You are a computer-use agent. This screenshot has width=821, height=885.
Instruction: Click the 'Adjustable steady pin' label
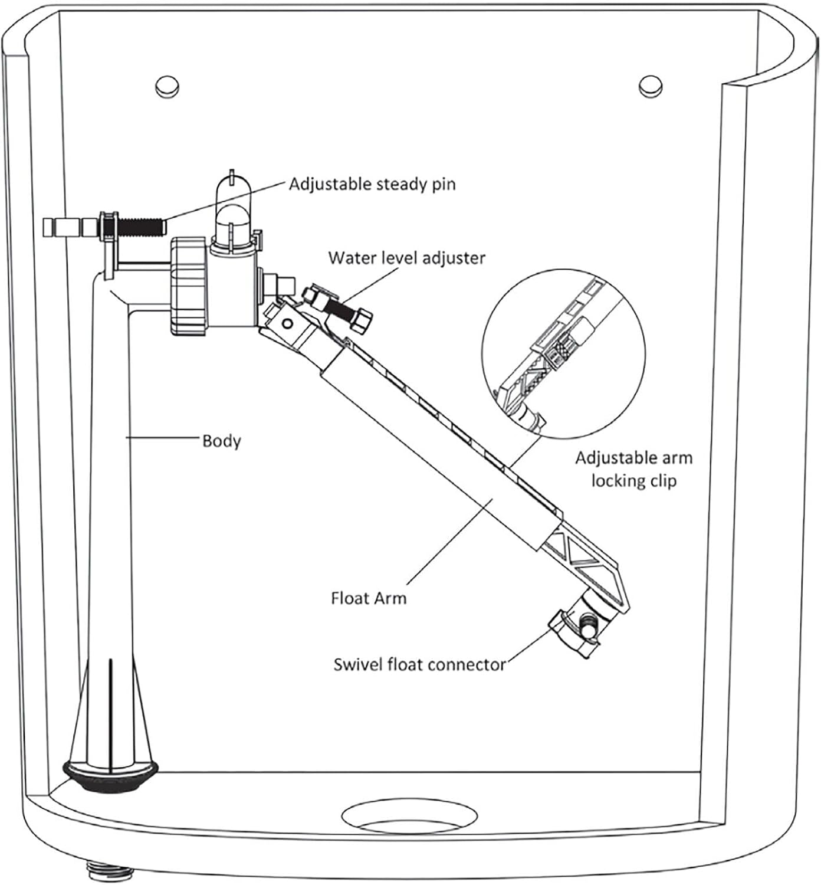(x=372, y=184)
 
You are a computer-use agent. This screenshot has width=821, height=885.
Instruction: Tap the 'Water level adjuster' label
(x=407, y=258)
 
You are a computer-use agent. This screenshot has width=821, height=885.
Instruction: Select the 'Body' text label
(x=221, y=441)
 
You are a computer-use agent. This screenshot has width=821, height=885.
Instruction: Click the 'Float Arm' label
(x=369, y=598)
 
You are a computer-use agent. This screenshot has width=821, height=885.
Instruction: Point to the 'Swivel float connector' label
(x=419, y=664)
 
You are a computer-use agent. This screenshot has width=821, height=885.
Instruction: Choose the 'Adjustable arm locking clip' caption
(x=633, y=469)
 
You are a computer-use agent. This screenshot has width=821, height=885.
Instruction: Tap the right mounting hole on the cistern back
(x=650, y=86)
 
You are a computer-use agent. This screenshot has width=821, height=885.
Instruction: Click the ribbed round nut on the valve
(x=189, y=286)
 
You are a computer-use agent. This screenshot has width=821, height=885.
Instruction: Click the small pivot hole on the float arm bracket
(x=287, y=323)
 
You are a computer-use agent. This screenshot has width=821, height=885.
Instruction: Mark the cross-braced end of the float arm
(x=584, y=560)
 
